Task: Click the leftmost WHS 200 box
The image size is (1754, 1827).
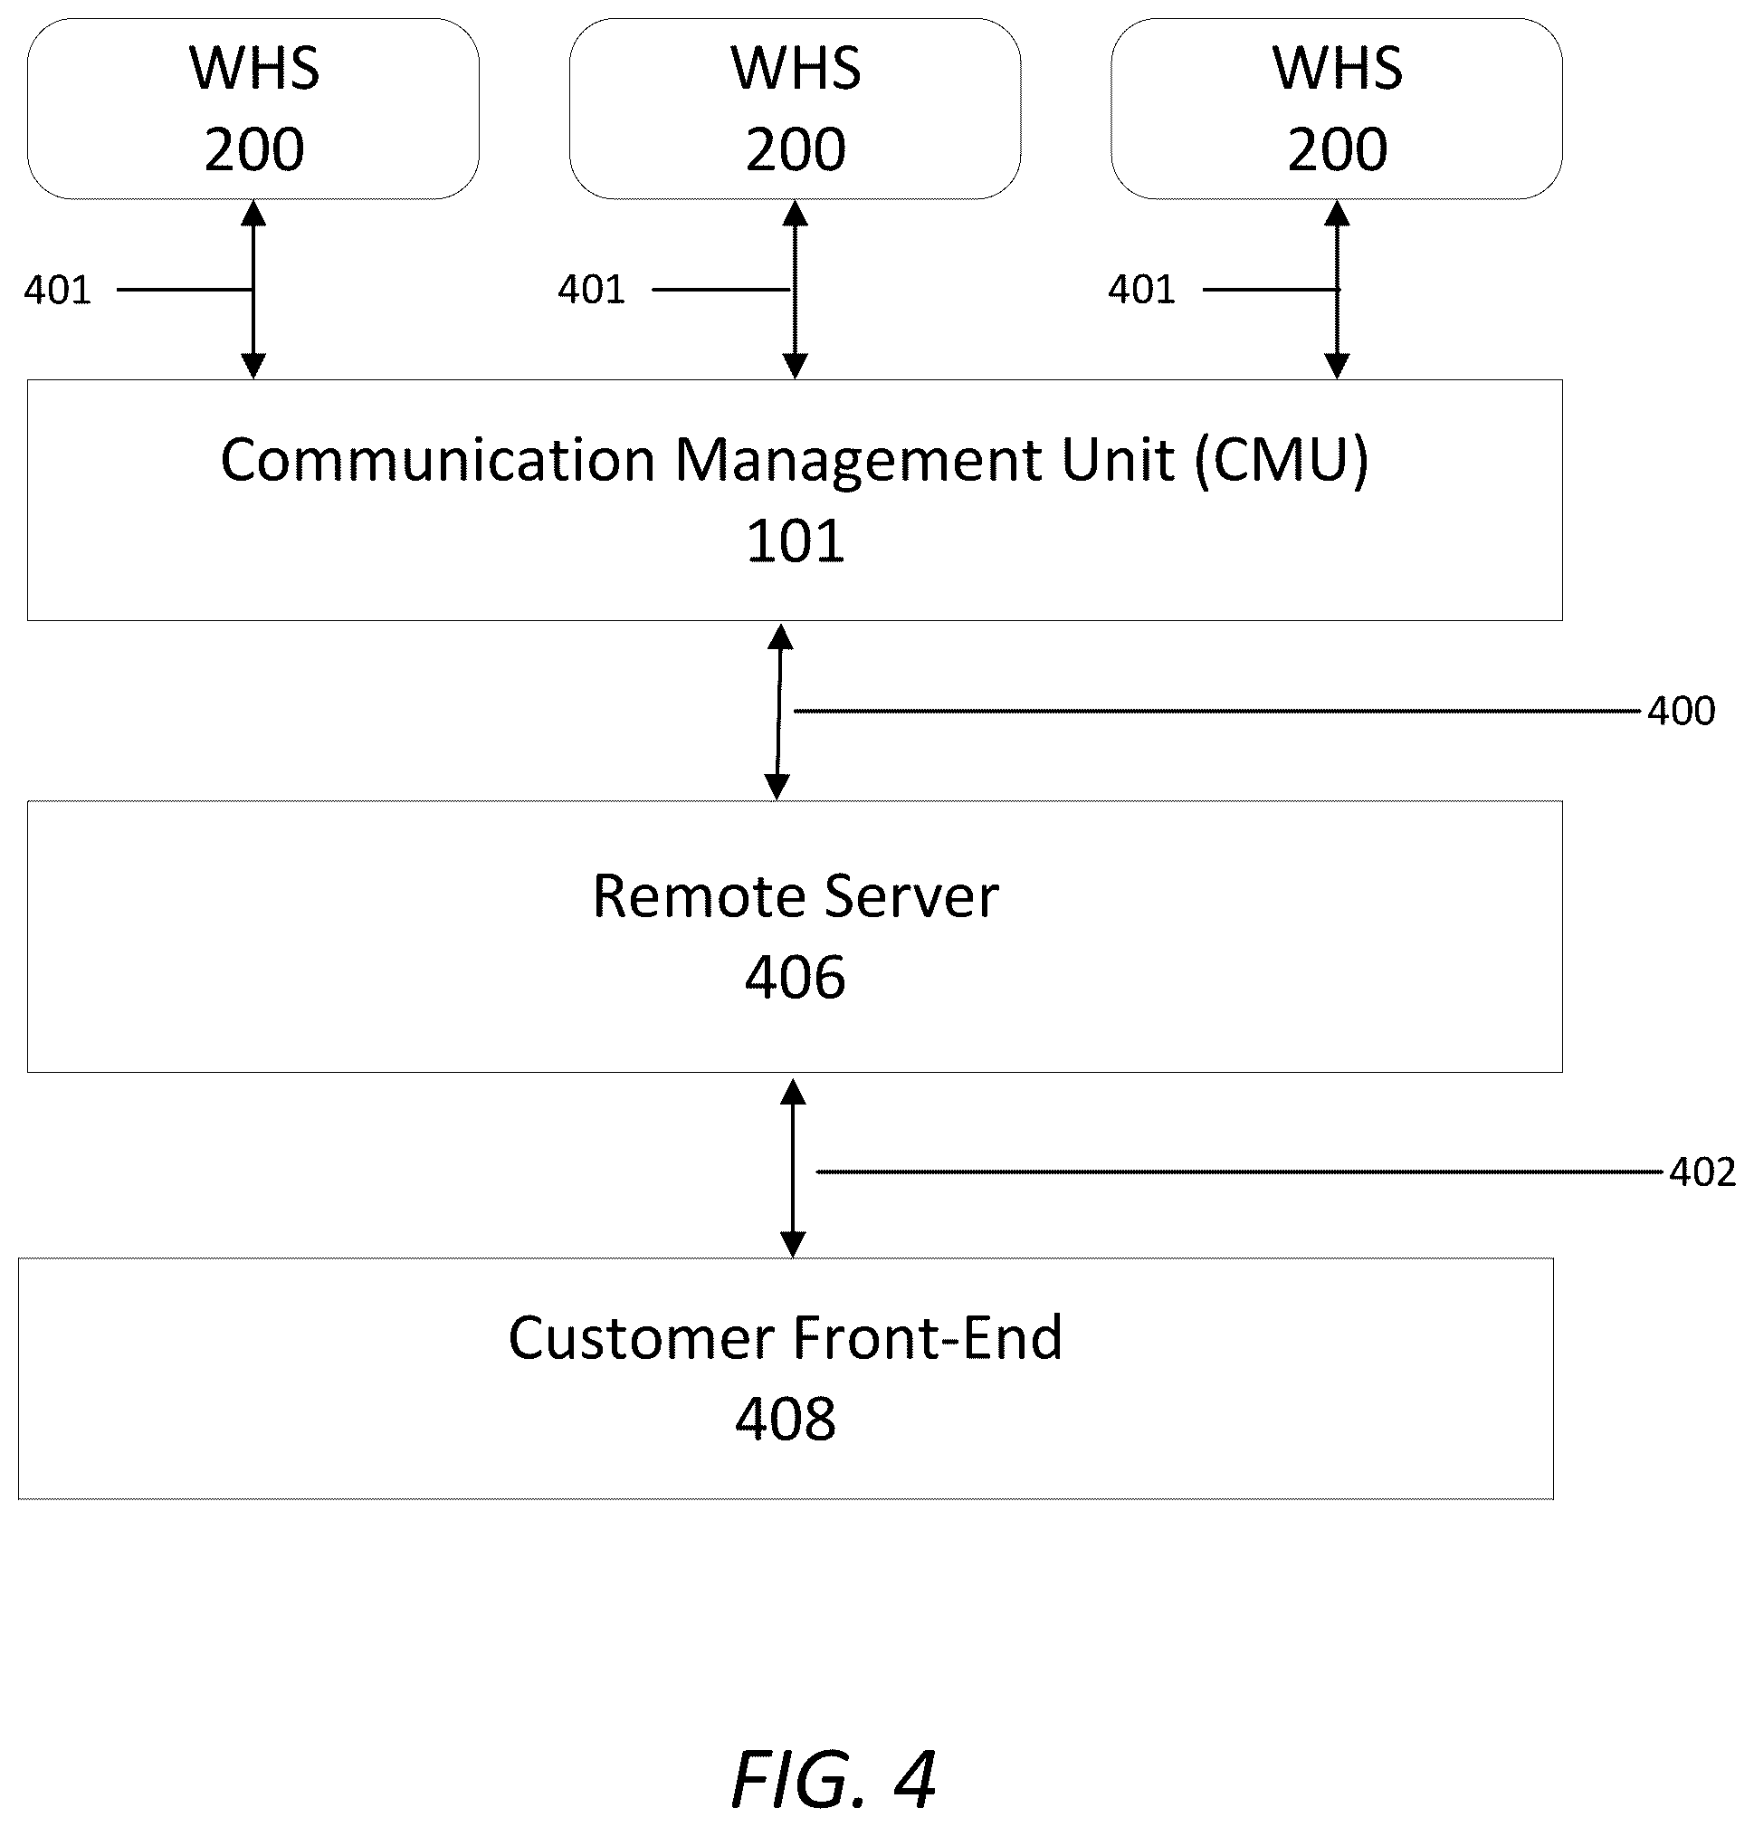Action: (253, 108)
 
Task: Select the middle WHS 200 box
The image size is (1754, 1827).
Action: (795, 108)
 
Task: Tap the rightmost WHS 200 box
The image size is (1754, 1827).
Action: (1337, 108)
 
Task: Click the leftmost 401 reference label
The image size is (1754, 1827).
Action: (58, 290)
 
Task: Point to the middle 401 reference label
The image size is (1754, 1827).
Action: (591, 290)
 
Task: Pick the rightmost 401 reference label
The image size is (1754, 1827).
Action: (1141, 290)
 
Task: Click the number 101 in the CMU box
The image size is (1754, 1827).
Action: (795, 540)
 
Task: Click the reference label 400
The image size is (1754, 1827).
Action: (1681, 712)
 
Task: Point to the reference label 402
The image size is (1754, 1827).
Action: (1702, 1172)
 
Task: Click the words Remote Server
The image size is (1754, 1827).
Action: (795, 896)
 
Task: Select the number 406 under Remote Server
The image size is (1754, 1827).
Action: (795, 978)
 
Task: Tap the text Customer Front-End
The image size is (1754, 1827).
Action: (785, 1338)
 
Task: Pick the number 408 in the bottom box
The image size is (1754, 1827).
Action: (785, 1420)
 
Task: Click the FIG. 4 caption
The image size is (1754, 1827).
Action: (834, 1779)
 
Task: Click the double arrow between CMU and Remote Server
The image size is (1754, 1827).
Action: (778, 712)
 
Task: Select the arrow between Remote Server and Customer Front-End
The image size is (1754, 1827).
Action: (792, 1168)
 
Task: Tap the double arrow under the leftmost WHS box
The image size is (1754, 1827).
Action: (253, 290)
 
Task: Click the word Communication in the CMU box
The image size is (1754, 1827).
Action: (438, 461)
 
